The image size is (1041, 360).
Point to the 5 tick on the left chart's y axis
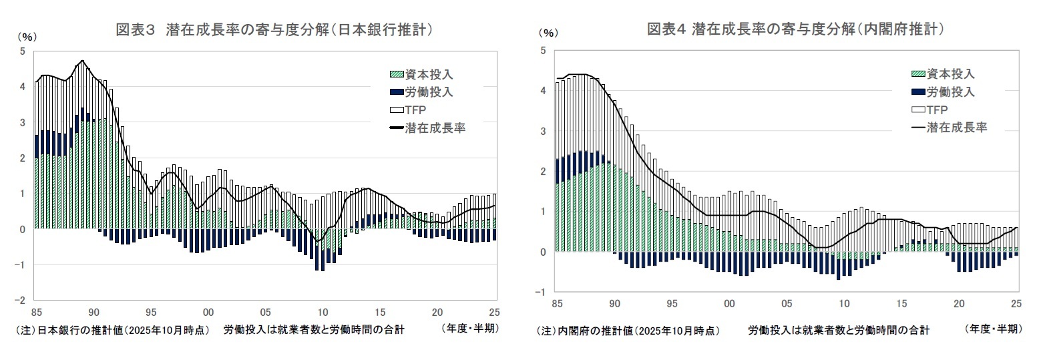[23, 51]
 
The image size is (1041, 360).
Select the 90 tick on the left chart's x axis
[93, 312]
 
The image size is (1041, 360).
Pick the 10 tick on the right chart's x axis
[844, 304]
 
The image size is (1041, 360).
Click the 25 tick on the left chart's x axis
[495, 312]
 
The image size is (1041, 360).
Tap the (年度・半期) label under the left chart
[470, 329]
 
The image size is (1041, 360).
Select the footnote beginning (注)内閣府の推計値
[628, 330]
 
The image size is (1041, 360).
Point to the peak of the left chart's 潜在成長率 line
[82, 61]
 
